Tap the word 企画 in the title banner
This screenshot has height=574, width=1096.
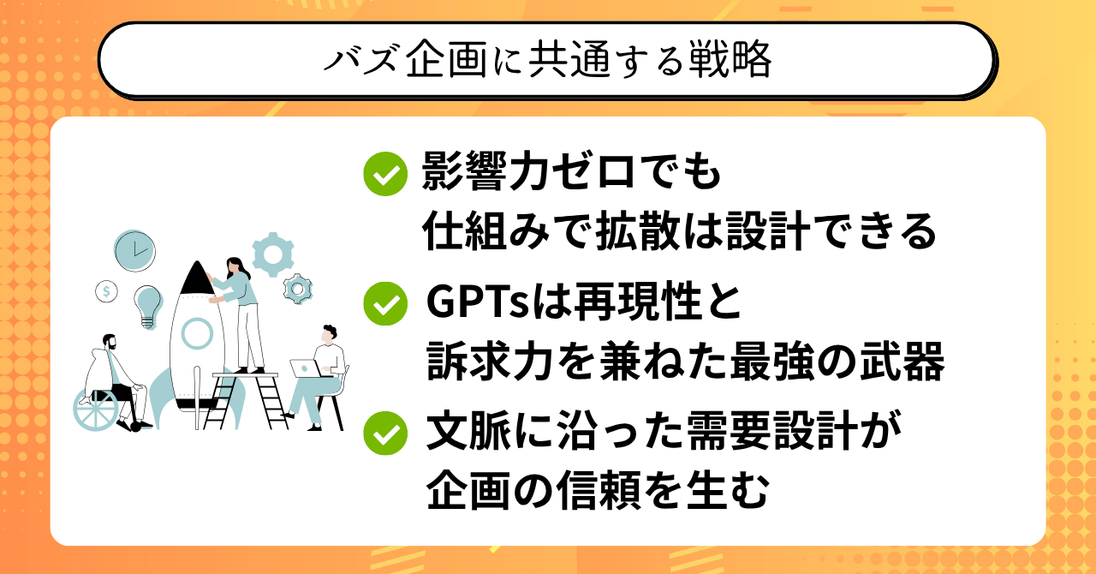click(446, 60)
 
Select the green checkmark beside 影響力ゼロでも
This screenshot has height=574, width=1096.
click(385, 174)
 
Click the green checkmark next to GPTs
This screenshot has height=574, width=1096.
click(385, 303)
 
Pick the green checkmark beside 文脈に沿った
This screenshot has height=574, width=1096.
click(385, 433)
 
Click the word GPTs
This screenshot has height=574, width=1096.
click(478, 302)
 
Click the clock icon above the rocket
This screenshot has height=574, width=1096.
click(134, 251)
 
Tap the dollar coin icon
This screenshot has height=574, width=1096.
click(106, 291)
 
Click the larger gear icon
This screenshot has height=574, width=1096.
click(273, 254)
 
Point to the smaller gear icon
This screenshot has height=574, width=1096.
click(297, 289)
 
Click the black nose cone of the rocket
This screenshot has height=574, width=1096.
click(197, 279)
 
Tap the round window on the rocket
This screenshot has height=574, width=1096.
click(197, 333)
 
